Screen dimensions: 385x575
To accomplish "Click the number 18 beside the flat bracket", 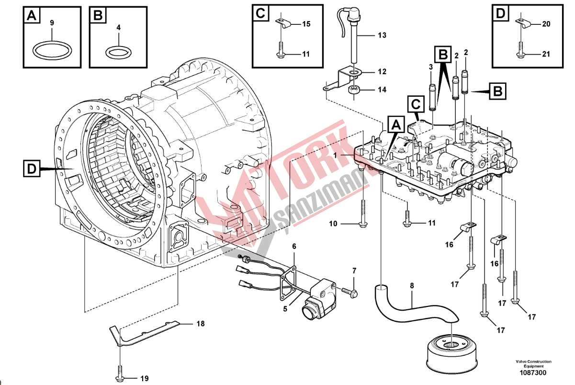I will tap(200, 324).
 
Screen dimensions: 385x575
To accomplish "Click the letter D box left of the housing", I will tap(32, 169).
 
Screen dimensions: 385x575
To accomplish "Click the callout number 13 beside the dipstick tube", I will tap(382, 35).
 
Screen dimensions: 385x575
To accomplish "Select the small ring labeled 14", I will tap(355, 90).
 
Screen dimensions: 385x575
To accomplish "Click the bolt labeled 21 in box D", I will tap(521, 50).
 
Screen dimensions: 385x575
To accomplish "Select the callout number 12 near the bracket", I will tap(382, 72).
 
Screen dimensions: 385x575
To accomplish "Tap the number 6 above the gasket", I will tap(294, 246).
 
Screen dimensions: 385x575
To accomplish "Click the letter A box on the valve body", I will tap(395, 125).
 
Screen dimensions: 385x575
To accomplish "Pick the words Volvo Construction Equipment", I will tap(533, 364).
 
